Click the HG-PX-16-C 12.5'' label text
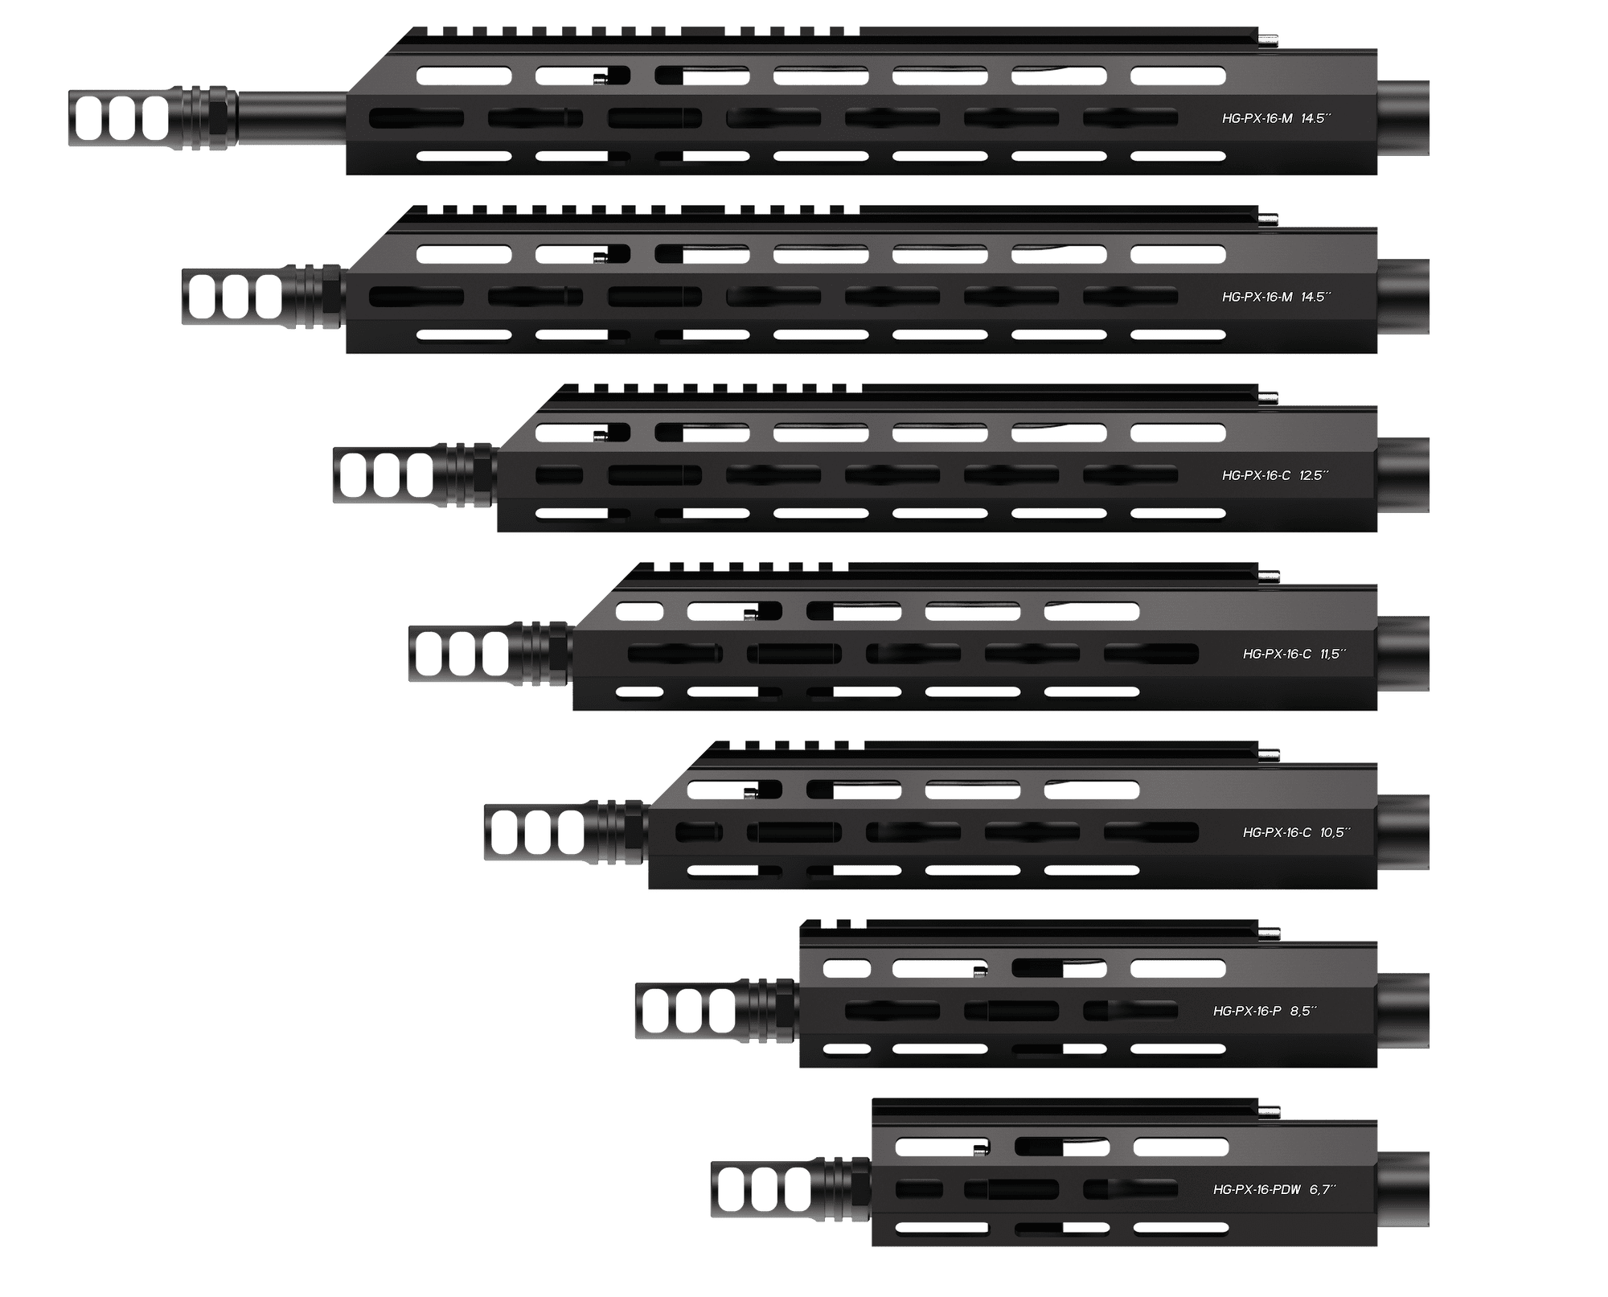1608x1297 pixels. (1275, 475)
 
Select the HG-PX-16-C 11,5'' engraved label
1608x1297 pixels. (1294, 654)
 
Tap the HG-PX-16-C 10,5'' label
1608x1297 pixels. (1295, 832)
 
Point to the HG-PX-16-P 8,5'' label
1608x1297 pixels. (1265, 1011)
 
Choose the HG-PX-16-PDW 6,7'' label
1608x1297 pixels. (1274, 1189)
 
